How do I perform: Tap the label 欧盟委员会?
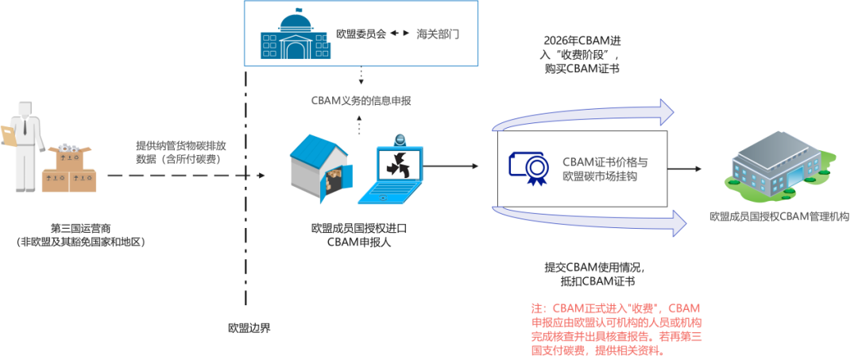tap(361, 34)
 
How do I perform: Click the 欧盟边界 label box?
tap(249, 327)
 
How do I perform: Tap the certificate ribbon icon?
tap(528, 167)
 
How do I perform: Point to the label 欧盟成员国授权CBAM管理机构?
tap(779, 216)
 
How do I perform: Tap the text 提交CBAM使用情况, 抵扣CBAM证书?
tap(589, 274)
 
